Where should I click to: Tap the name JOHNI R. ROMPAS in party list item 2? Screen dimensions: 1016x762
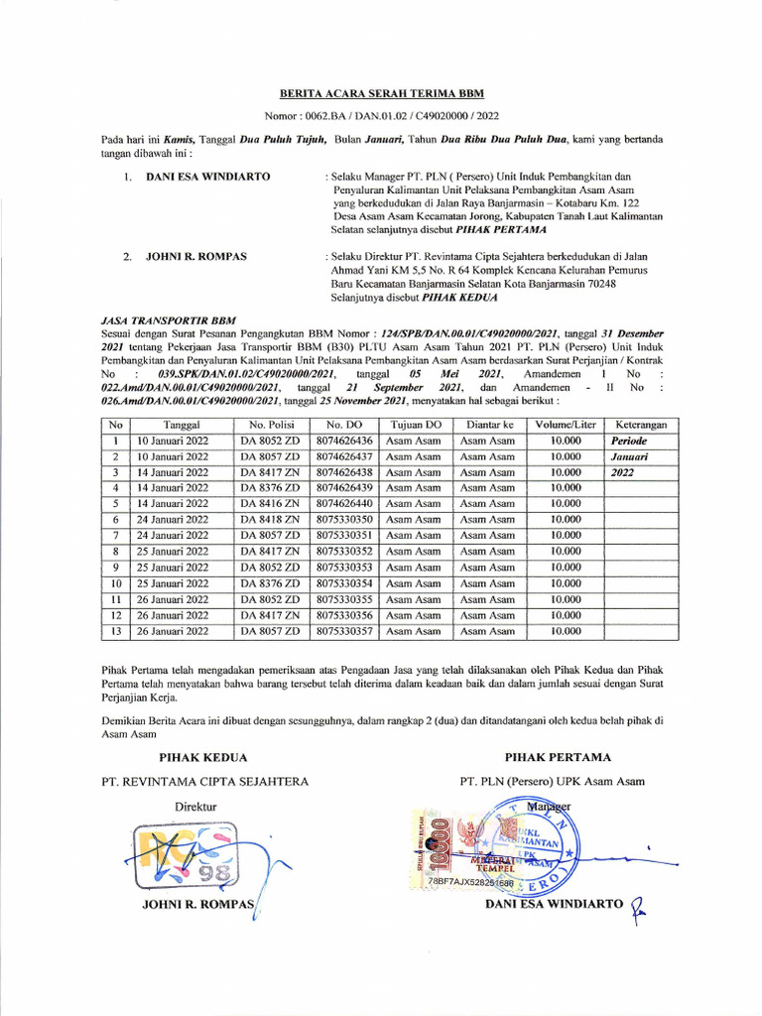pos(196,256)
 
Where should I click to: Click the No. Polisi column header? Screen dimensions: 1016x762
pos(269,425)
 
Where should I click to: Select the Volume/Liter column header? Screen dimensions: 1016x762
pos(566,425)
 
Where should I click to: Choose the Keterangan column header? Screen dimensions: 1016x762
pos(640,425)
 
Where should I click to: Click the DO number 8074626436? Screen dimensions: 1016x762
pos(343,441)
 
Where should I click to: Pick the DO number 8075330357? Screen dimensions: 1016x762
pos(343,631)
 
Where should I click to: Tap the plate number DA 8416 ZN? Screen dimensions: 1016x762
pos(269,504)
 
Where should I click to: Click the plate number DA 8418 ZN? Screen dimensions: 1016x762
pos(269,520)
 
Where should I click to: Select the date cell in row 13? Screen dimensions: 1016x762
pos(173,631)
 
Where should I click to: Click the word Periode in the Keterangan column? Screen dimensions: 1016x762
pos(629,441)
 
